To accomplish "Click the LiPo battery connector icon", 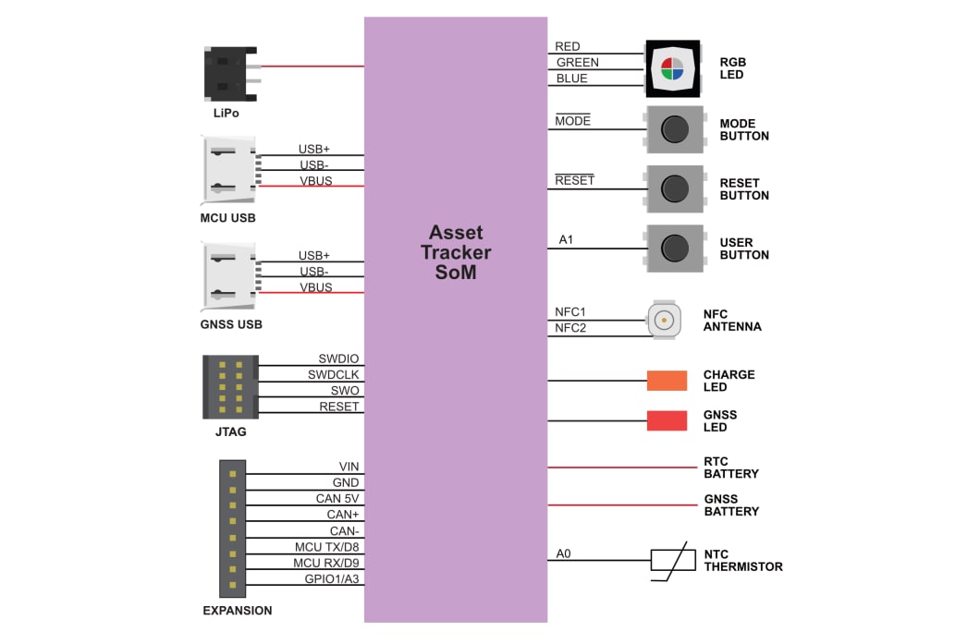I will (x=227, y=74).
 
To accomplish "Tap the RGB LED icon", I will (x=671, y=68).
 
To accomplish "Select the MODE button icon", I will (x=674, y=129).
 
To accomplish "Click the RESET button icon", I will (x=674, y=188).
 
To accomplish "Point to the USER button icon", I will (x=674, y=248).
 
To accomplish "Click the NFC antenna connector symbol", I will (x=663, y=321).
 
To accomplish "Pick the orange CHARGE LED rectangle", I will (x=667, y=381).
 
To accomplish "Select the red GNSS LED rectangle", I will (x=667, y=420).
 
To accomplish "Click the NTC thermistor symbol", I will (x=674, y=561).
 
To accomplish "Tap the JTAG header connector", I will (x=230, y=386).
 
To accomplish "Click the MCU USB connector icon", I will (x=227, y=171).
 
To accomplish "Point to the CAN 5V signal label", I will (x=337, y=499).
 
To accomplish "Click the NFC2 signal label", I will (x=570, y=328).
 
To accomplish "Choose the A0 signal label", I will (x=563, y=554).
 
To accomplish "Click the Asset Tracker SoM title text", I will (x=456, y=251).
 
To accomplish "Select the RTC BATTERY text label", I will (x=730, y=468).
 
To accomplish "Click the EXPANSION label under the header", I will (x=238, y=611).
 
